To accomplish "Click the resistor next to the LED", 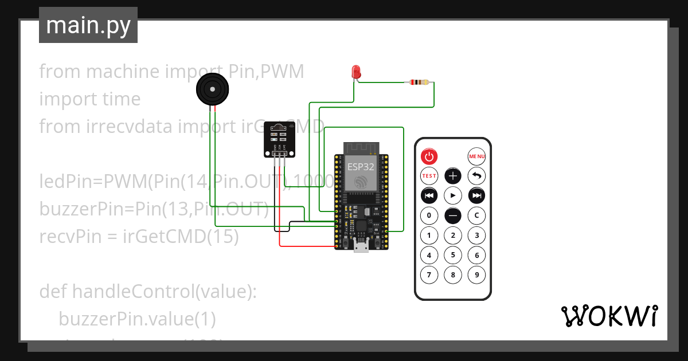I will click(417, 83).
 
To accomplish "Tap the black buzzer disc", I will click(213, 90).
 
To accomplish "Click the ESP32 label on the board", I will click(361, 167).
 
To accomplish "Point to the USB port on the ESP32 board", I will click(362, 247).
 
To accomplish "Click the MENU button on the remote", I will click(476, 156).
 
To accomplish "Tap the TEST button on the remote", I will click(429, 176).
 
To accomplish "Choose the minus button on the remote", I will click(453, 215).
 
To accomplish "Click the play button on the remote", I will click(453, 195).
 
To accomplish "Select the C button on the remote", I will click(476, 215).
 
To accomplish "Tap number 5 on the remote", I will click(453, 255).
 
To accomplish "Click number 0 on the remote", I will click(429, 215).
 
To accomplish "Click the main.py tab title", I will click(88, 25).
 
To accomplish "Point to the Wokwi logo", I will click(609, 316).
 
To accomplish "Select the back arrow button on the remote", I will click(476, 176).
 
